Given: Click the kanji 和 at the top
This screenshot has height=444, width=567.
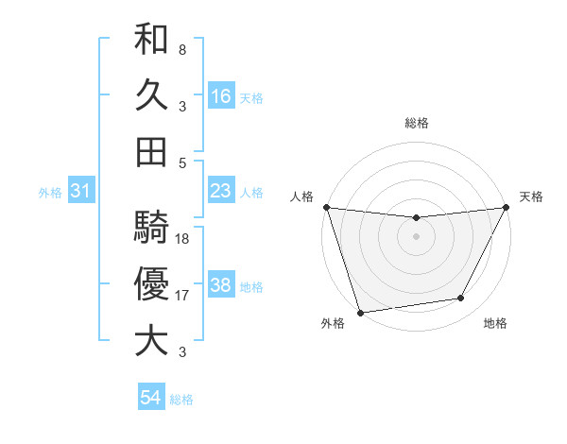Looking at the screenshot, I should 151,40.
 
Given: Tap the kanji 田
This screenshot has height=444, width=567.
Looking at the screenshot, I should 151,151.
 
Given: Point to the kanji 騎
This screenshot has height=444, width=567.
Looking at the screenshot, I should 151,227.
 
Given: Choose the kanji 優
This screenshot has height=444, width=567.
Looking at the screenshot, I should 151,283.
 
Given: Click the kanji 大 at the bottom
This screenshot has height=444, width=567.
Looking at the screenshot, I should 151,340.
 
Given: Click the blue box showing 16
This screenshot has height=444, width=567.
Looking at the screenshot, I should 221,96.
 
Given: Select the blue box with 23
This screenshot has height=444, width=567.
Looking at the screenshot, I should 221,191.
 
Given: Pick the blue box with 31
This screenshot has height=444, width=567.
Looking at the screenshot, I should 80,192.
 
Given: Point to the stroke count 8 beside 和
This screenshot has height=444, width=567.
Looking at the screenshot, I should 181,49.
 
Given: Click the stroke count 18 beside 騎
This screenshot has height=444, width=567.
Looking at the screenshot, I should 183,239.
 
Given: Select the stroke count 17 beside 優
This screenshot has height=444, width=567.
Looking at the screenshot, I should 183,296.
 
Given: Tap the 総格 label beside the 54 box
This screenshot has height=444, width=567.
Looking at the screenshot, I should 181,400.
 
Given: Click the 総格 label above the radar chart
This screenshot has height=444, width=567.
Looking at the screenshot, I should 416,123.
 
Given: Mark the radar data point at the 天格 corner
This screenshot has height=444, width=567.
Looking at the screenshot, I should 507,207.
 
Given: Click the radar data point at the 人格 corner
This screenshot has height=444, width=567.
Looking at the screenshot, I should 326,207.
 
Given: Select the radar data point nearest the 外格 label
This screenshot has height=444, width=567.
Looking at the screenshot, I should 360,312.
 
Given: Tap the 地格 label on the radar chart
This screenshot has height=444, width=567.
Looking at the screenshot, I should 495,324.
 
